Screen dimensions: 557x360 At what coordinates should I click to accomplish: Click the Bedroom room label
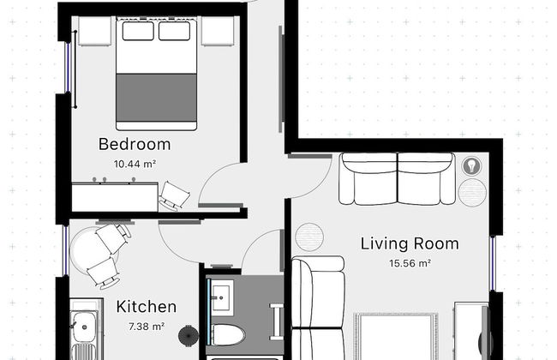pos(135,144)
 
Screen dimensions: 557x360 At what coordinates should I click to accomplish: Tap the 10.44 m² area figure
pos(135,165)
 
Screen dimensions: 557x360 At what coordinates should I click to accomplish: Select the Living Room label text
pos(410,244)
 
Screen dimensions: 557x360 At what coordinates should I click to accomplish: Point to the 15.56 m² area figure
pos(410,263)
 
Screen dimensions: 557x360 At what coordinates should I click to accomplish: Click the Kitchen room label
pos(147,307)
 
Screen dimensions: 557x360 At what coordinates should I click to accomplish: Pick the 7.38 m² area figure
pos(147,327)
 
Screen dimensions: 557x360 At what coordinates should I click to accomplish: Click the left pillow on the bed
pos(138,31)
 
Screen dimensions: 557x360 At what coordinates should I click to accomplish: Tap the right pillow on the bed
pos(175,31)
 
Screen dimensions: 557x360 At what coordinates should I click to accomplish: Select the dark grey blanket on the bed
pos(156,98)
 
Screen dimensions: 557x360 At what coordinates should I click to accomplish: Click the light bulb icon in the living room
pos(472,166)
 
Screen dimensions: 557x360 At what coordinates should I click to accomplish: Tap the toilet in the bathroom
pos(227,335)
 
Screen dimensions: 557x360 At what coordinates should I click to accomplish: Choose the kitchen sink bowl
pos(84,327)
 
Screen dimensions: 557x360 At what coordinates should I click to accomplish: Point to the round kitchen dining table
pos(93,251)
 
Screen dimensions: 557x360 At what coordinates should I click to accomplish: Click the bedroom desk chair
pos(175,195)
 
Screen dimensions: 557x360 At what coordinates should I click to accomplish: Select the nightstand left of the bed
pos(94,31)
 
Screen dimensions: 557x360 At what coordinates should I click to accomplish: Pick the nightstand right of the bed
pos(218,31)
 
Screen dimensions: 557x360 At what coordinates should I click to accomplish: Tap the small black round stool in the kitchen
pos(189,335)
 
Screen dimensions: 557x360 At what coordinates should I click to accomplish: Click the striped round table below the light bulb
pos(472,192)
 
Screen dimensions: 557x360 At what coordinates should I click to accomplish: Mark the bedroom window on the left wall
pos(68,68)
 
